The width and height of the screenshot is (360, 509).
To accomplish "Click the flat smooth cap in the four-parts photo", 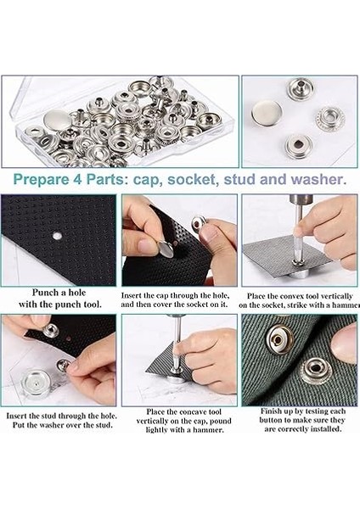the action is [267, 112].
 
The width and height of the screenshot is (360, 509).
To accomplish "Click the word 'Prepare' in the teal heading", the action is [41, 180].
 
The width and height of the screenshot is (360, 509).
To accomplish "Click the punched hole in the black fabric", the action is [57, 236].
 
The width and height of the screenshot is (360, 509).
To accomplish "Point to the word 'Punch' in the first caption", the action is [44, 293].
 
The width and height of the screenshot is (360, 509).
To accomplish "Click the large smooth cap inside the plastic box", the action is [58, 120].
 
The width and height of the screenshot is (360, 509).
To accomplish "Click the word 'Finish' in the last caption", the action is [272, 411].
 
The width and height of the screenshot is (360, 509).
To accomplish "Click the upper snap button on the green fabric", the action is [279, 339].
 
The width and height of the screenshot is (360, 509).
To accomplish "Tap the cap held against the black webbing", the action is [166, 249].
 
